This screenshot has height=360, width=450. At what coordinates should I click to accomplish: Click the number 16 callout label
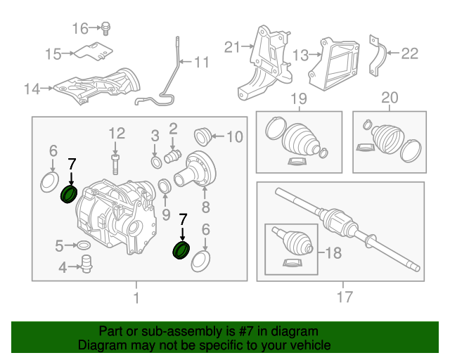pos(80,28)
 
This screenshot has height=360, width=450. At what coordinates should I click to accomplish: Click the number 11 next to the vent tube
pos(201,63)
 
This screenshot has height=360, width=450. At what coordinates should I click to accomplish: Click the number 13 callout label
pos(301,54)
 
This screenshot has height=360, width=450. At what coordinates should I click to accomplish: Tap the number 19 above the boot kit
pos(299,98)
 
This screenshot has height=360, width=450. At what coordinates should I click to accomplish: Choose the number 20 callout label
pos(389,98)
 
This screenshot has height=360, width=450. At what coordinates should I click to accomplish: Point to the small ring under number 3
pos(155,164)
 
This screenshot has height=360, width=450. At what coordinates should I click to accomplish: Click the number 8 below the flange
pos(205,207)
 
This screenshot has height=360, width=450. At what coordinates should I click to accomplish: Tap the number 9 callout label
pos(166,214)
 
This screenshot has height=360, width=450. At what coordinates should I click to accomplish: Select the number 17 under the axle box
pos(344,297)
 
